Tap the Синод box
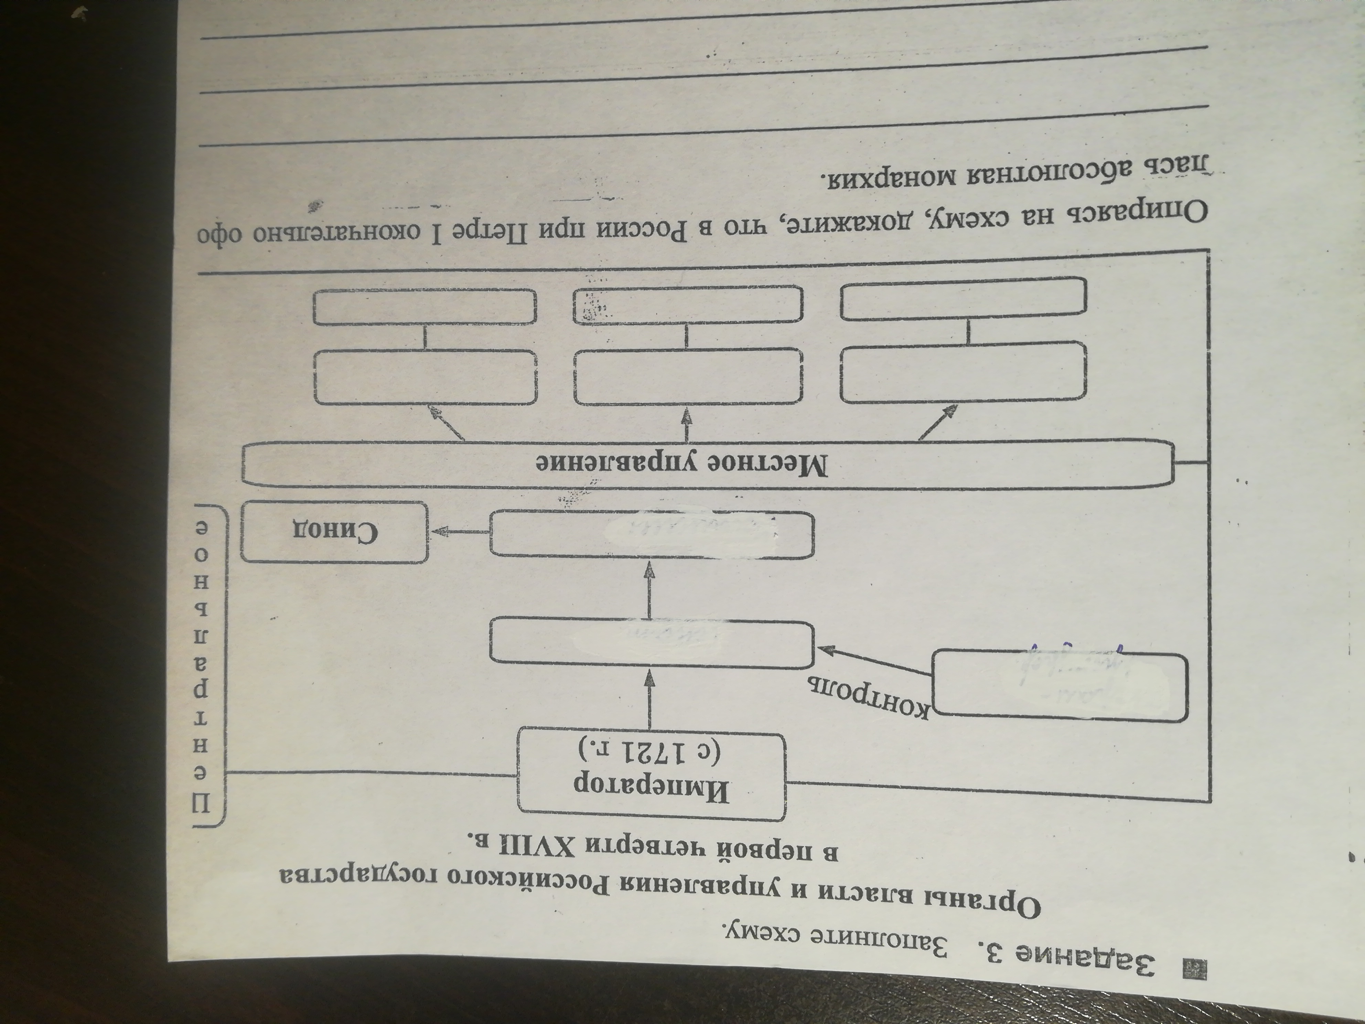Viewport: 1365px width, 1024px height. (x=334, y=532)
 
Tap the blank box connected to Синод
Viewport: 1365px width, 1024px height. (x=651, y=534)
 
